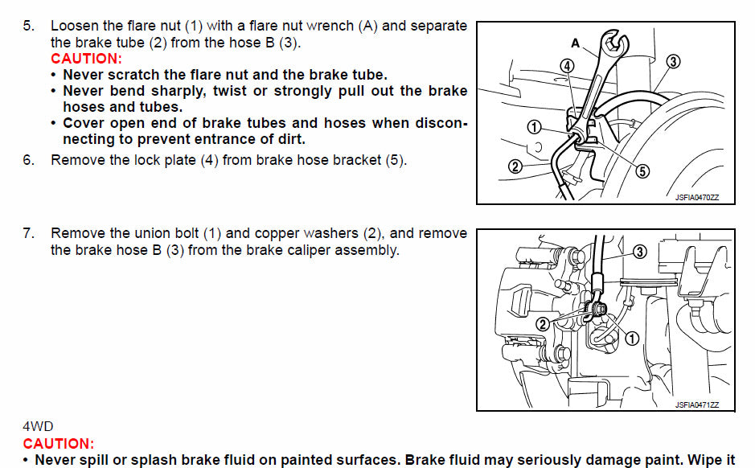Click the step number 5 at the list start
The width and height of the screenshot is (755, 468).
[28, 26]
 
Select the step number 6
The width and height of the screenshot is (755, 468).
[28, 160]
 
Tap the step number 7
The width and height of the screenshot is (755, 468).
[28, 233]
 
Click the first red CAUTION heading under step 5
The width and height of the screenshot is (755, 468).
[86, 59]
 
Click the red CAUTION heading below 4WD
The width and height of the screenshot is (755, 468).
[58, 444]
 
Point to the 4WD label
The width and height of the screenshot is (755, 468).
[38, 426]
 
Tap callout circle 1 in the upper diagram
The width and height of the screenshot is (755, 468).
[534, 125]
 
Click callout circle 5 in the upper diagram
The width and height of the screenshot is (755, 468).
[642, 170]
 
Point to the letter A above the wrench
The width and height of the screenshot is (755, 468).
[575, 42]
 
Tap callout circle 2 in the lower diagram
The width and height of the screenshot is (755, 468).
[543, 323]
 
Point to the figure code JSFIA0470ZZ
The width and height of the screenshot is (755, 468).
[697, 197]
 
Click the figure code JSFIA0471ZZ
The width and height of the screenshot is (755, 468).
[697, 404]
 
